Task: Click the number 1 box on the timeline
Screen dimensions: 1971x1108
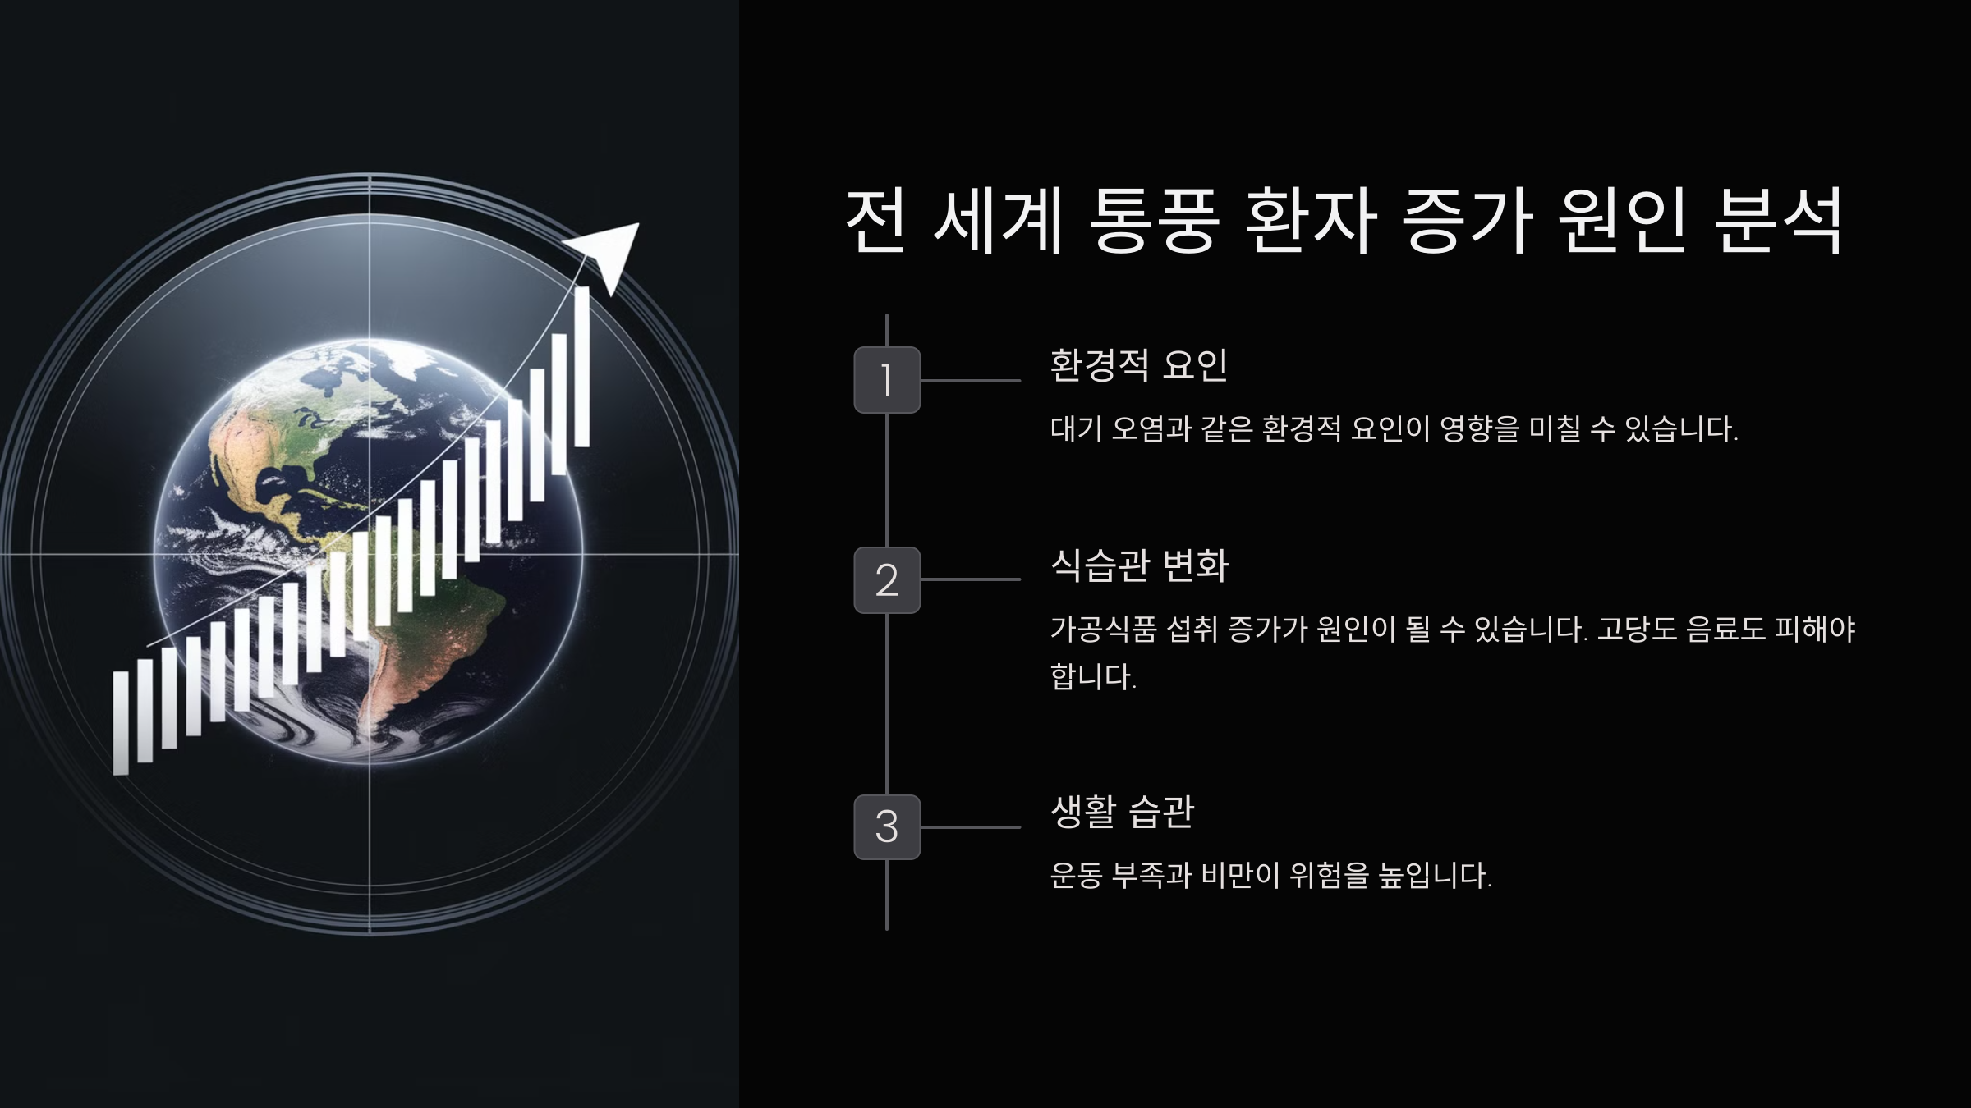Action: point(887,380)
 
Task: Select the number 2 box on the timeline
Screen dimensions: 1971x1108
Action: point(887,580)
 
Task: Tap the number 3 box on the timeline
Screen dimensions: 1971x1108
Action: point(887,826)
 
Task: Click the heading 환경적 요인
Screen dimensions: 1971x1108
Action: point(1138,365)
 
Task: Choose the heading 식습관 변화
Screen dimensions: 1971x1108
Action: point(1139,565)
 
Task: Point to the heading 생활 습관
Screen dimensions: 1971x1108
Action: point(1122,812)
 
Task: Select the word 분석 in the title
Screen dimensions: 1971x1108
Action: point(1778,222)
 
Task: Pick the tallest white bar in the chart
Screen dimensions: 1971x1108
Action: point(581,367)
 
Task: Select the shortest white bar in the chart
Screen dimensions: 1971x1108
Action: point(121,722)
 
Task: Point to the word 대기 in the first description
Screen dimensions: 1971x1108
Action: point(1076,429)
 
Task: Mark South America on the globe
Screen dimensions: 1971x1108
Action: point(427,640)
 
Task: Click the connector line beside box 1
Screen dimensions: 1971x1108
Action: point(971,381)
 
